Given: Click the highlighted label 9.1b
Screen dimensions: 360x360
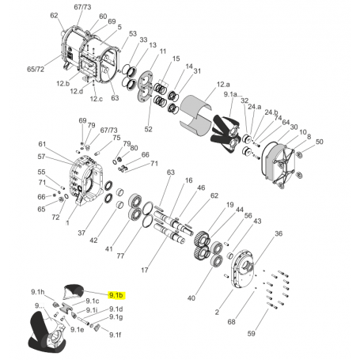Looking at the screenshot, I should [x=116, y=294].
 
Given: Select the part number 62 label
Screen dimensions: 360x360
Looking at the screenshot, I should [x=54, y=16].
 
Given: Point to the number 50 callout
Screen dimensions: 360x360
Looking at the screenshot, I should [x=320, y=142].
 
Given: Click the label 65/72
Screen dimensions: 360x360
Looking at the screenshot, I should [x=36, y=70].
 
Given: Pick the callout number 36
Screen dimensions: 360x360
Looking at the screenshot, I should [x=278, y=234].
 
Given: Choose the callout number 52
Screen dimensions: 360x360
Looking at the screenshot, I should [x=148, y=128].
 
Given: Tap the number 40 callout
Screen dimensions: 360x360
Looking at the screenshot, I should [x=191, y=298].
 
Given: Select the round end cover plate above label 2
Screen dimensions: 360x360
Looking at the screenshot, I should [x=239, y=273].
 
